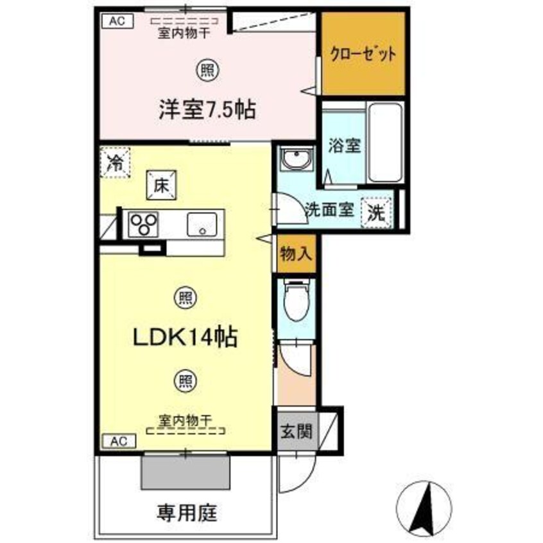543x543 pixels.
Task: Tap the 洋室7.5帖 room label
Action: coord(207,110)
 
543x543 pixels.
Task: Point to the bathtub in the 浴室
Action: coord(385,143)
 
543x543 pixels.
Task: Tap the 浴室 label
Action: coord(345,145)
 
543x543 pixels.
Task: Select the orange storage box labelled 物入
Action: coord(297,255)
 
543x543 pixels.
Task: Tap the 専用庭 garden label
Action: coord(186,513)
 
